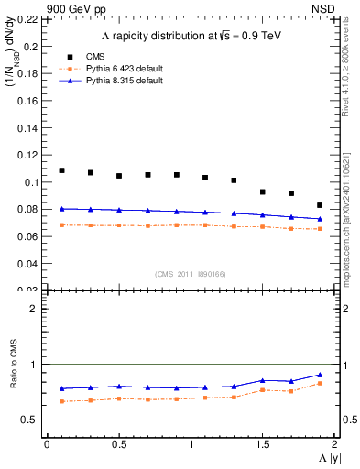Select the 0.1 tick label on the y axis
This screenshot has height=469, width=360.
tap(31, 182)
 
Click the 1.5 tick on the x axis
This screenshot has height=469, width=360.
tap(263, 444)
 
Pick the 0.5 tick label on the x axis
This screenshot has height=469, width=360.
tap(118, 444)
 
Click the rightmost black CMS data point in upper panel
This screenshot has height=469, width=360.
tap(320, 205)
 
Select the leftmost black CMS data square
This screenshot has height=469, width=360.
tap(61, 170)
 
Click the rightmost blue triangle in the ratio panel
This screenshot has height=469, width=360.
tap(320, 375)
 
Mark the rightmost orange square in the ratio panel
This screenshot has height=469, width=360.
tap(320, 383)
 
